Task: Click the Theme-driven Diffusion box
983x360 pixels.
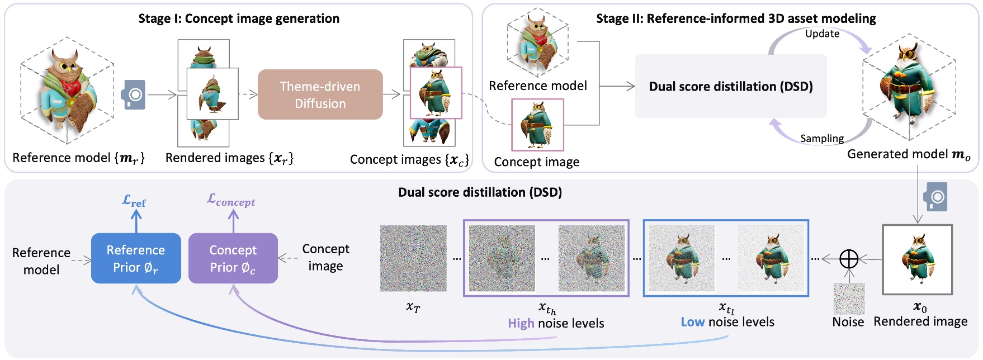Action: (320, 94)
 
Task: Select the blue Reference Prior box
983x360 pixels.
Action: (136, 258)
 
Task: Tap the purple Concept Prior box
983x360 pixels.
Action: (233, 258)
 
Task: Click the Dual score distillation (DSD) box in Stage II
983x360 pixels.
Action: (730, 86)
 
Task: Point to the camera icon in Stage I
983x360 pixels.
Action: (134, 94)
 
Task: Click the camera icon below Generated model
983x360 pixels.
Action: (935, 197)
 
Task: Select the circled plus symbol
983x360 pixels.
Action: (849, 259)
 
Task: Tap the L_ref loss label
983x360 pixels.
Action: (134, 201)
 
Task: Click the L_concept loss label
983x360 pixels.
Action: (231, 200)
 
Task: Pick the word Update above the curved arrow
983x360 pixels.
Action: (822, 34)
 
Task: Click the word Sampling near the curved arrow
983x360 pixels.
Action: (821, 138)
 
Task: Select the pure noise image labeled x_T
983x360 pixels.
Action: (413, 258)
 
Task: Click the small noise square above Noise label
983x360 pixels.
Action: (849, 299)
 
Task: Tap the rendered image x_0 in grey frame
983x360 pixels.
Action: (917, 259)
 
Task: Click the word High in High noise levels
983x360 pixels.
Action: (521, 323)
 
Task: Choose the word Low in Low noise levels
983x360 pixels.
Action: (692, 322)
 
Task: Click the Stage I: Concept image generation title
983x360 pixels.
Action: (239, 18)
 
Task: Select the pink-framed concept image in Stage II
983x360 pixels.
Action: (537, 125)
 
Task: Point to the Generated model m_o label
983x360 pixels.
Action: (909, 154)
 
